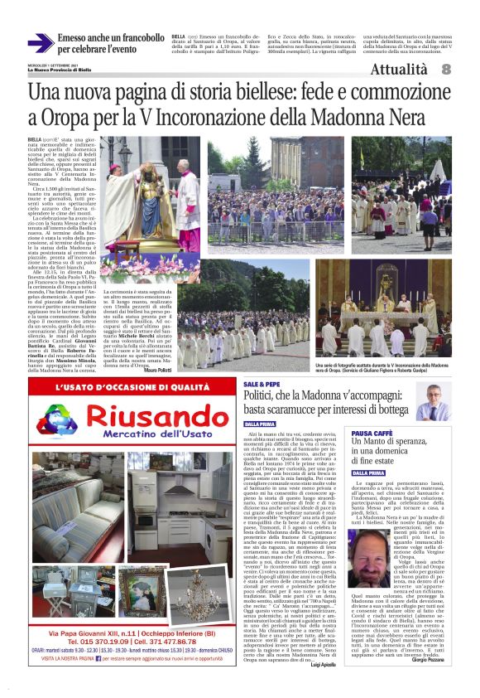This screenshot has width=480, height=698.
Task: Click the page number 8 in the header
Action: point(445,70)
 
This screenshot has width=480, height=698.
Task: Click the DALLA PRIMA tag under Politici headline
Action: point(260,424)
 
